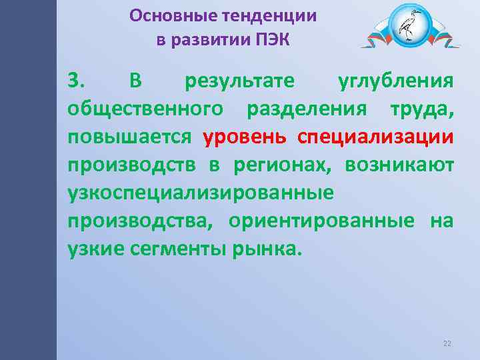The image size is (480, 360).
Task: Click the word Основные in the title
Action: (x=163, y=15)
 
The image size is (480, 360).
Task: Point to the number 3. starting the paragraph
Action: (x=76, y=81)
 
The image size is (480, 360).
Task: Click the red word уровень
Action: (x=245, y=137)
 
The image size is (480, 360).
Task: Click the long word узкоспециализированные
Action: (x=200, y=193)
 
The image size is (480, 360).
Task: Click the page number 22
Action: (x=447, y=343)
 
